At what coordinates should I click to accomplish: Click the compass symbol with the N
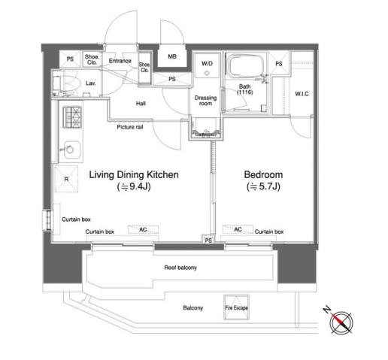pos(341,322)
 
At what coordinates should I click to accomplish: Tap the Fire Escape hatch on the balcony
pos(236,307)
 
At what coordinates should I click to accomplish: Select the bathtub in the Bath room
pos(245,66)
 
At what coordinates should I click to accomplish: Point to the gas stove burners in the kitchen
pos(72,117)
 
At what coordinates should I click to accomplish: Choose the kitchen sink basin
pos(71,150)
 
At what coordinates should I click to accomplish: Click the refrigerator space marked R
pos(66,179)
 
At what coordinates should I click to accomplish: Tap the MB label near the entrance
pos(172,56)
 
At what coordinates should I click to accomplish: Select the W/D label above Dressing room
pos(207,63)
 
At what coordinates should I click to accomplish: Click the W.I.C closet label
pos(302,94)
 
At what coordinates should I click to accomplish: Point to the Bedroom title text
pos(263,174)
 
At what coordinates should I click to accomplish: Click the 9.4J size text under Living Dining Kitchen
pos(134,186)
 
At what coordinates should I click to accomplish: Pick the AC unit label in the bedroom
pos(238,229)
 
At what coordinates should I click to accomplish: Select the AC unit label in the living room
pos(143,230)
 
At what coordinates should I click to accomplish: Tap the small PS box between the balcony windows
pos(208,241)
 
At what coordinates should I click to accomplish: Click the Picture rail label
pos(130,127)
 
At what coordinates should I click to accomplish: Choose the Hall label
pos(141,104)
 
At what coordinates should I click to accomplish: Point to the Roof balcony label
pos(180,268)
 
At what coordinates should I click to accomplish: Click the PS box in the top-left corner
pos(70,59)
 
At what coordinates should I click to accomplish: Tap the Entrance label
pos(120,61)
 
